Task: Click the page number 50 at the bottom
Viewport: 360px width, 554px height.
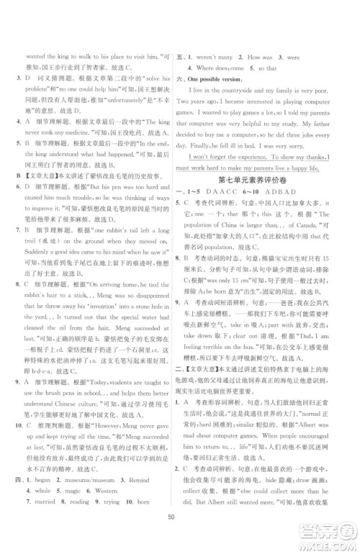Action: [180, 537]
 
